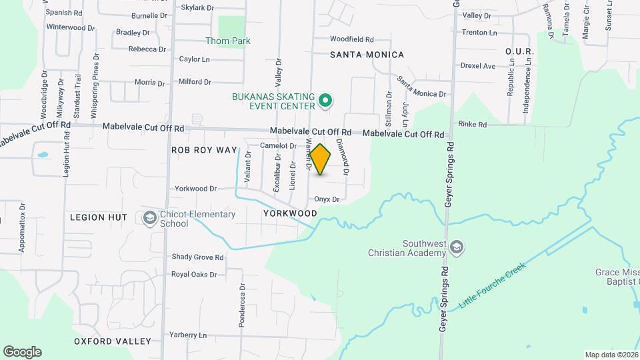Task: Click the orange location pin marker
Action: point(321,159)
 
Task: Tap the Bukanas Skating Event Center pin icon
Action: point(325,101)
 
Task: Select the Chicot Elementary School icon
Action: point(150,218)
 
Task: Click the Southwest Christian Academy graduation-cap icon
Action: point(457,248)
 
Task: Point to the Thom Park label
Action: point(228,41)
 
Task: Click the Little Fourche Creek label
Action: point(492,285)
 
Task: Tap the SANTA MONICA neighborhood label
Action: point(367,55)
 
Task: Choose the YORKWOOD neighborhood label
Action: point(289,213)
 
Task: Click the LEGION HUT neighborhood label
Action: point(99,218)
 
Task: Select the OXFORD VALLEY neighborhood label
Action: point(112,341)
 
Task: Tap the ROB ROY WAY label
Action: point(204,150)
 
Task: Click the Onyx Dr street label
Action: point(327,199)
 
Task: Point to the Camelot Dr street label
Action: point(278,145)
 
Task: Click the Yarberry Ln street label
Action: point(188,335)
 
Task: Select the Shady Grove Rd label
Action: point(197,257)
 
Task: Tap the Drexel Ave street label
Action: point(478,66)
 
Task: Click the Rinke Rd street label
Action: point(473,125)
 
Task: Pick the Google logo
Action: point(22,352)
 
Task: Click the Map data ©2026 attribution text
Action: point(611,355)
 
